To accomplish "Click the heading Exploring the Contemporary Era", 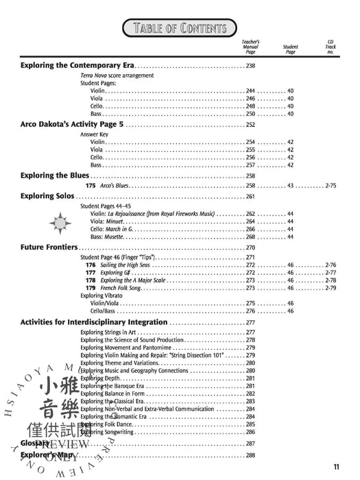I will (x=77, y=66).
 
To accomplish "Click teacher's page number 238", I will (x=250, y=66).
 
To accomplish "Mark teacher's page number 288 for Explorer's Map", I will (x=250, y=455).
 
